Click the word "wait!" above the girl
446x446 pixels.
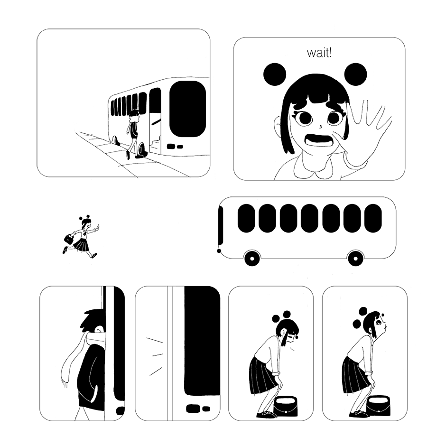tap(319, 53)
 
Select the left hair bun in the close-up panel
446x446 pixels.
tap(275, 74)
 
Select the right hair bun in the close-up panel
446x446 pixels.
tap(355, 74)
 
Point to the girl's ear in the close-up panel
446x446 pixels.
tap(278, 126)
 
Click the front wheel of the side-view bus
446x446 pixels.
tap(252, 258)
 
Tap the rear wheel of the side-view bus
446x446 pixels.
tap(355, 258)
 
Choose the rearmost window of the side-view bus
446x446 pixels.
tap(373, 218)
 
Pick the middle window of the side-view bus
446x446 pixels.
tap(309, 218)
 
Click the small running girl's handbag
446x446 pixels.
tap(68, 238)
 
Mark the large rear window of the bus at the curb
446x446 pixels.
tap(187, 109)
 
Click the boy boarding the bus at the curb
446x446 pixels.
tap(133, 134)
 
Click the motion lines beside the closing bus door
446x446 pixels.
tap(154, 355)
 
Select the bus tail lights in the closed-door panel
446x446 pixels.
tap(198, 409)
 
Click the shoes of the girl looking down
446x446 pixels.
tap(267, 414)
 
